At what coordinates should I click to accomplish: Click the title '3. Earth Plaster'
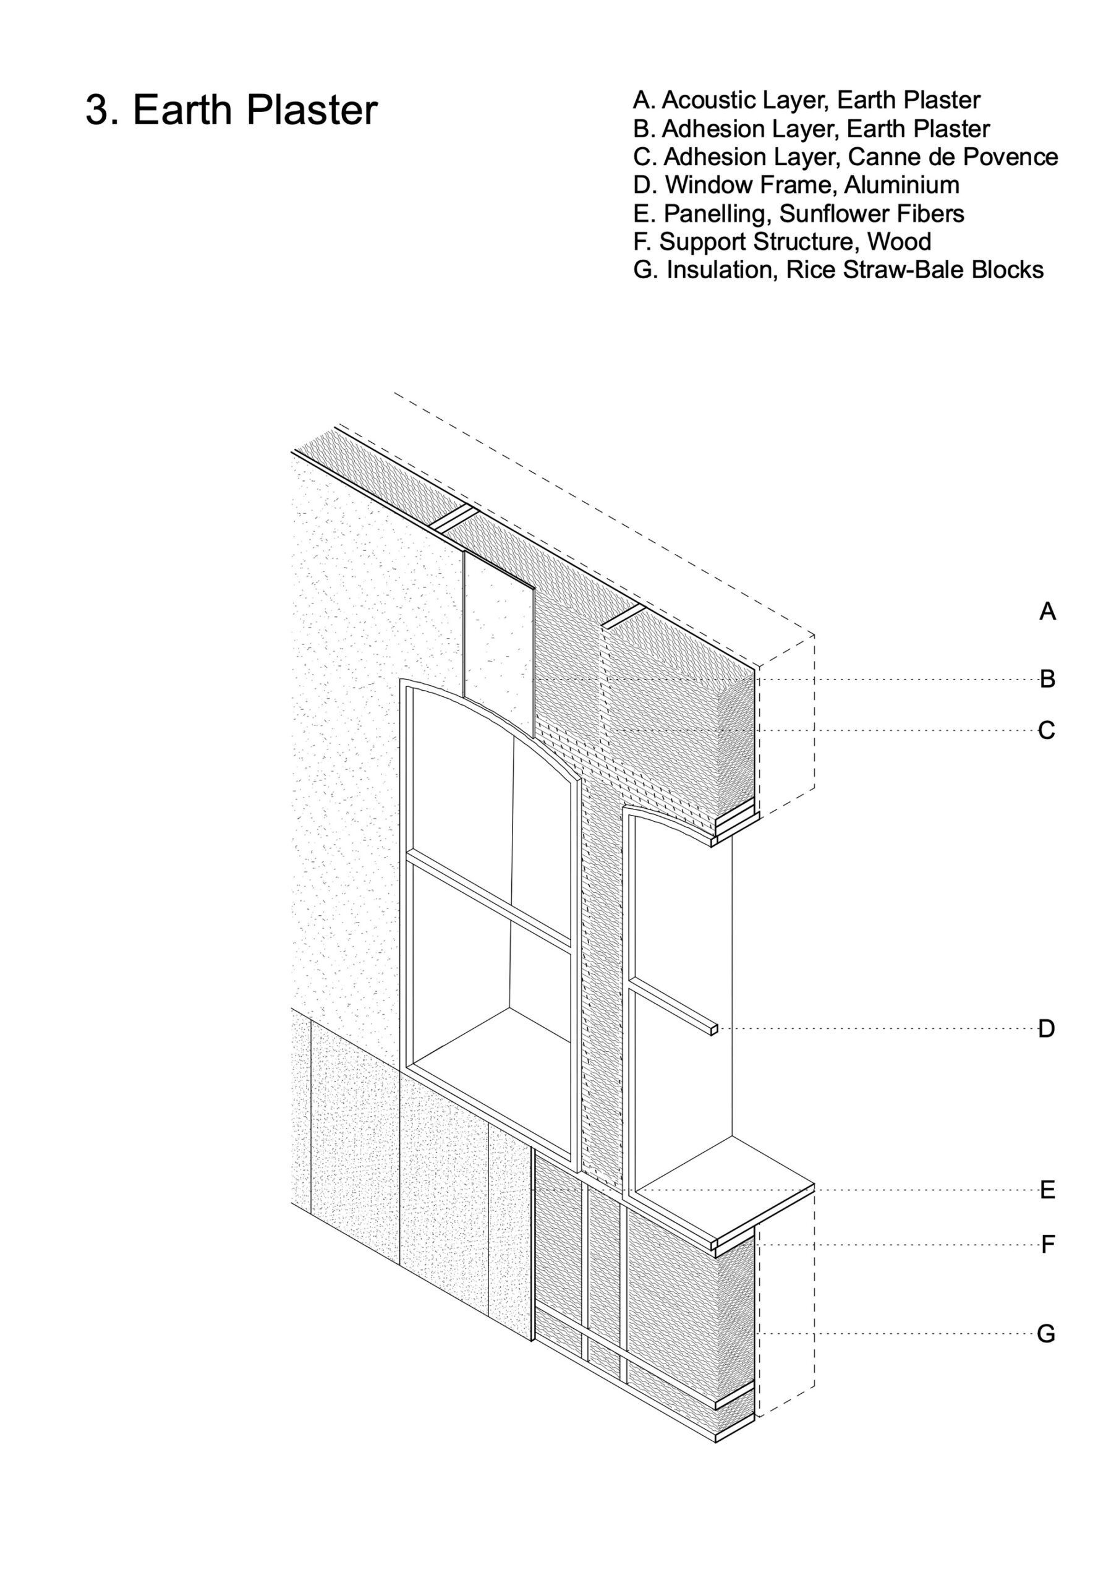[x=231, y=109]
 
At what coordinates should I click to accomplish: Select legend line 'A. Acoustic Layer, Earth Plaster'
[x=806, y=101]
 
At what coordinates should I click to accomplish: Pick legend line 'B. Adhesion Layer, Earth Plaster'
[x=811, y=129]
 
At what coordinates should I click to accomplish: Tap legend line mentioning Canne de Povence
[x=845, y=157]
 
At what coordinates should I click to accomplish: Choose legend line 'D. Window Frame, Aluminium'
[x=796, y=186]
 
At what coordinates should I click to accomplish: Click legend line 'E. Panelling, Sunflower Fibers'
[x=798, y=214]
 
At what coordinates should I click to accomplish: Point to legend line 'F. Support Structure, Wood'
[x=782, y=242]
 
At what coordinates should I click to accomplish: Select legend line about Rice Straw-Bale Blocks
[x=838, y=270]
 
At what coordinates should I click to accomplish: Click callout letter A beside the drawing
[x=1047, y=612]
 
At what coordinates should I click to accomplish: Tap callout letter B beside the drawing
[x=1047, y=679]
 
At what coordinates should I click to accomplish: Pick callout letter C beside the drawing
[x=1047, y=730]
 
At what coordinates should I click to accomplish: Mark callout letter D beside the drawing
[x=1047, y=1029]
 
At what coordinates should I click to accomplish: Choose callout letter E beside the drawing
[x=1047, y=1190]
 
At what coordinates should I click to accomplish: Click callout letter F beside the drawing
[x=1047, y=1245]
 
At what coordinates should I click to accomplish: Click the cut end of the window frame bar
[x=713, y=1030]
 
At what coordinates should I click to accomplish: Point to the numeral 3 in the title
[x=96, y=110]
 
